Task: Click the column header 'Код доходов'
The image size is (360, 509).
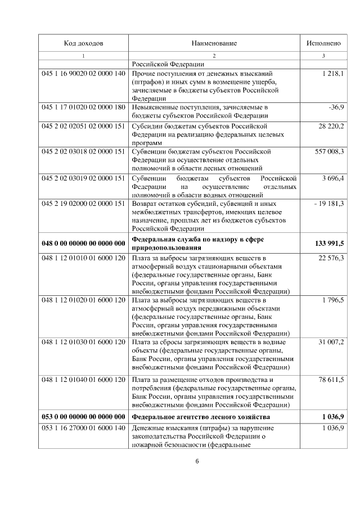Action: pyautogui.click(x=83, y=43)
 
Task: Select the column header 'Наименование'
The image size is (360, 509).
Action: pyautogui.click(x=214, y=43)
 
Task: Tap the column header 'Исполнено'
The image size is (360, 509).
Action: pyautogui.click(x=323, y=43)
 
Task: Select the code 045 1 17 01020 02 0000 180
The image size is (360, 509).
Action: pyautogui.click(x=83, y=106)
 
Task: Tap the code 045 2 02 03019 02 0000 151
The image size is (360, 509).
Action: pyautogui.click(x=83, y=178)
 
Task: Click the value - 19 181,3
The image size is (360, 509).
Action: pyautogui.click(x=329, y=203)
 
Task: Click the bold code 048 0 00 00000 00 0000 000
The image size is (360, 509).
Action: pyautogui.click(x=83, y=243)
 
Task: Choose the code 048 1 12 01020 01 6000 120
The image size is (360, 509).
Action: pyautogui.click(x=83, y=300)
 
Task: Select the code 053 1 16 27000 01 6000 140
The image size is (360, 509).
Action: pyautogui.click(x=83, y=429)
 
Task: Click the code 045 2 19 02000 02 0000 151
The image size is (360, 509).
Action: pyautogui.click(x=83, y=203)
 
